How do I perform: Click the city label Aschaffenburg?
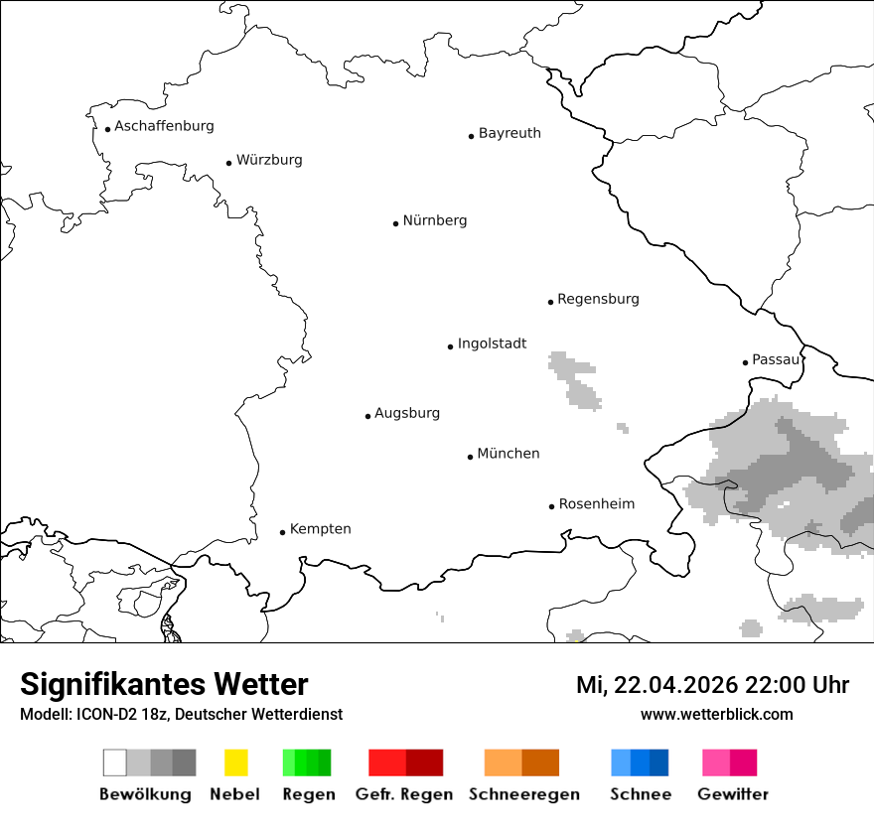pos(164,126)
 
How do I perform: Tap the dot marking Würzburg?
pos(228,163)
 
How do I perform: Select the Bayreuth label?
pos(510,133)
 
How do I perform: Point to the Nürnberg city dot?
pos(395,223)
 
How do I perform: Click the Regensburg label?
pos(598,299)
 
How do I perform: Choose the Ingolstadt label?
pos(492,343)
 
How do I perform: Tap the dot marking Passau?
pos(745,362)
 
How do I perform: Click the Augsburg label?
pos(407,413)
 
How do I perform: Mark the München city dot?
pos(470,457)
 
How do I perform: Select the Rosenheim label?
pos(596,503)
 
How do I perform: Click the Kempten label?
pos(320,529)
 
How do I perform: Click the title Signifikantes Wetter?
pos(164,685)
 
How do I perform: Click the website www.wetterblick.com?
pos(716,715)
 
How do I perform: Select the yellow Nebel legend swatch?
pos(235,762)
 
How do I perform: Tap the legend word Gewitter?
pos(733,794)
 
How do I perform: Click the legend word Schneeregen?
pos(523,794)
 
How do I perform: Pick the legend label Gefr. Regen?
pos(404,794)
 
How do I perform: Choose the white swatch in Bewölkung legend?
pos(114,762)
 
